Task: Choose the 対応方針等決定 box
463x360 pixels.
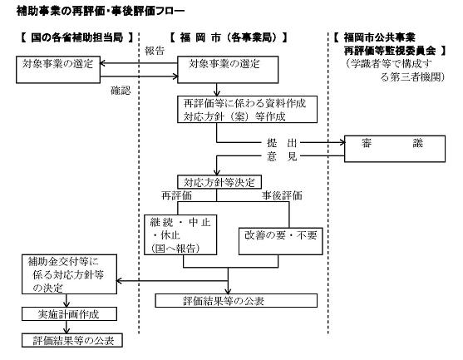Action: click(219, 180)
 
